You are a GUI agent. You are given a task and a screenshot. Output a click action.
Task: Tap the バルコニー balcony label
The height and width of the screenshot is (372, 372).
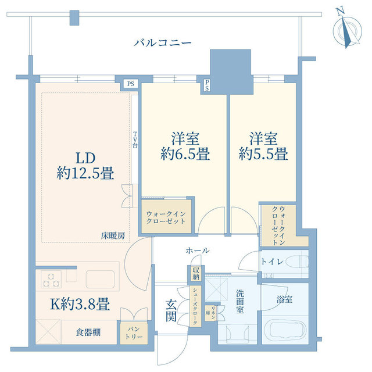(162, 42)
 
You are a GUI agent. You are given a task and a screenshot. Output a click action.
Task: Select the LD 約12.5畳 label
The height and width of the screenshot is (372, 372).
(84, 165)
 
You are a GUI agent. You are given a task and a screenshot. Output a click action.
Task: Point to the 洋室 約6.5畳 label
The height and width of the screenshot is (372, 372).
(185, 146)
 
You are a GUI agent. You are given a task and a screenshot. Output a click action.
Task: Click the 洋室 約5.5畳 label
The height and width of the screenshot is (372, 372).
(263, 146)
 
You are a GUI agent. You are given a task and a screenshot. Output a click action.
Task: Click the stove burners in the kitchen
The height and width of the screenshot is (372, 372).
(51, 279)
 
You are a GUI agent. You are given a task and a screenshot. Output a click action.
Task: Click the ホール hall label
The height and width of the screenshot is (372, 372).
(197, 251)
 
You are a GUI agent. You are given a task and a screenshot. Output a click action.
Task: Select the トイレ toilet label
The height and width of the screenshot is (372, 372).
(272, 262)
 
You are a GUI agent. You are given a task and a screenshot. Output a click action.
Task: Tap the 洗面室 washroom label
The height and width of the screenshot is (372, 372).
(239, 306)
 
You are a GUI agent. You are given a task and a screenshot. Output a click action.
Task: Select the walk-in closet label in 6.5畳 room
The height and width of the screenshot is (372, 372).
(167, 217)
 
